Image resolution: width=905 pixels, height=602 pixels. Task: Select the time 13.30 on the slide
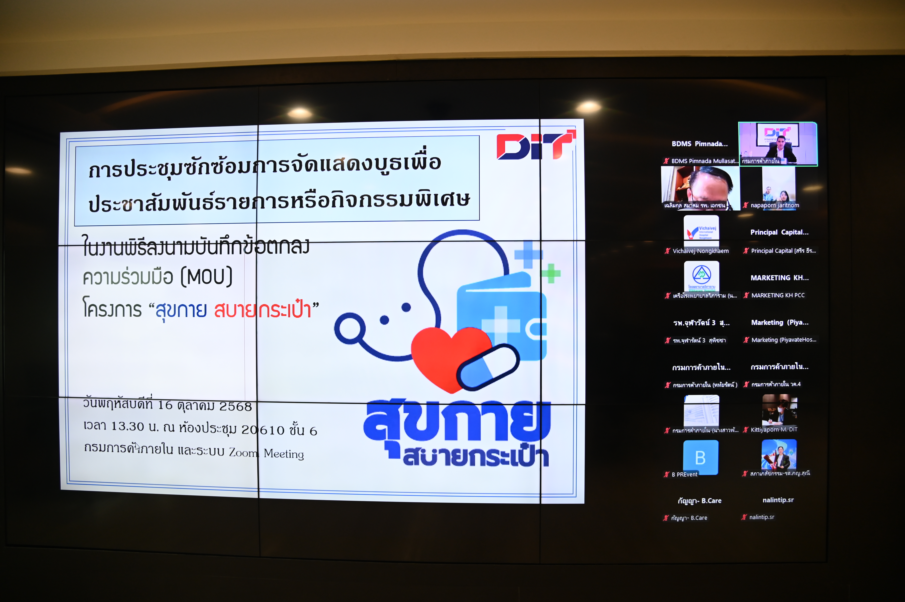[x=127, y=426]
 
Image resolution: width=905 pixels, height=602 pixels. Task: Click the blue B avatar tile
[x=700, y=457]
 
